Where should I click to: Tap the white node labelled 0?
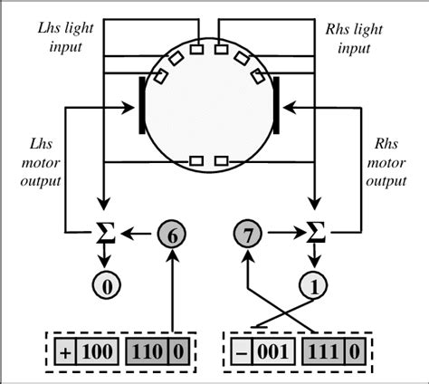107,288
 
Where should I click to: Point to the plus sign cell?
62,350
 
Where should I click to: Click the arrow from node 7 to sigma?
281,234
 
